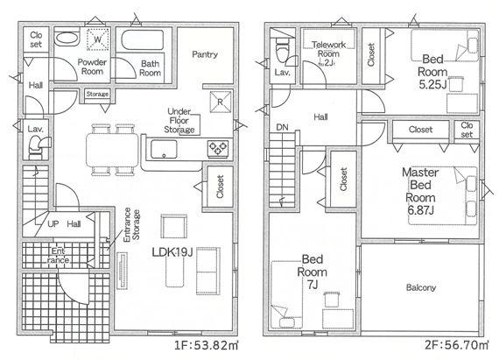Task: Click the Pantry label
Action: tap(205, 54)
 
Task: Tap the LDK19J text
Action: tap(172, 252)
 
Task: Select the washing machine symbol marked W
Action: tap(98, 39)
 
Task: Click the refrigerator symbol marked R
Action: tap(221, 102)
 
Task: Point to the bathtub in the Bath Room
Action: tap(143, 39)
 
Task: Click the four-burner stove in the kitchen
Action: tap(218, 148)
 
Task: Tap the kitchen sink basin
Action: tap(164, 149)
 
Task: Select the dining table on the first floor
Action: tap(112, 150)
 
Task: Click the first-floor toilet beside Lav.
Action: tap(38, 146)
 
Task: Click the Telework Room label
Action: tap(328, 49)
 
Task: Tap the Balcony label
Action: tap(421, 288)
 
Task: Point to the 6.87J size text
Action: tap(421, 210)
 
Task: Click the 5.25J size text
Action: tap(432, 85)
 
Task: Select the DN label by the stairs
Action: tap(282, 128)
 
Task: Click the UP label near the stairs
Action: tap(53, 224)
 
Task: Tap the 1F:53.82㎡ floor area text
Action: tap(207, 345)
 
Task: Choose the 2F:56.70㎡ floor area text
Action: tap(456, 345)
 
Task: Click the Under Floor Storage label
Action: tap(179, 121)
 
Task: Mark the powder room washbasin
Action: tap(67, 39)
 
